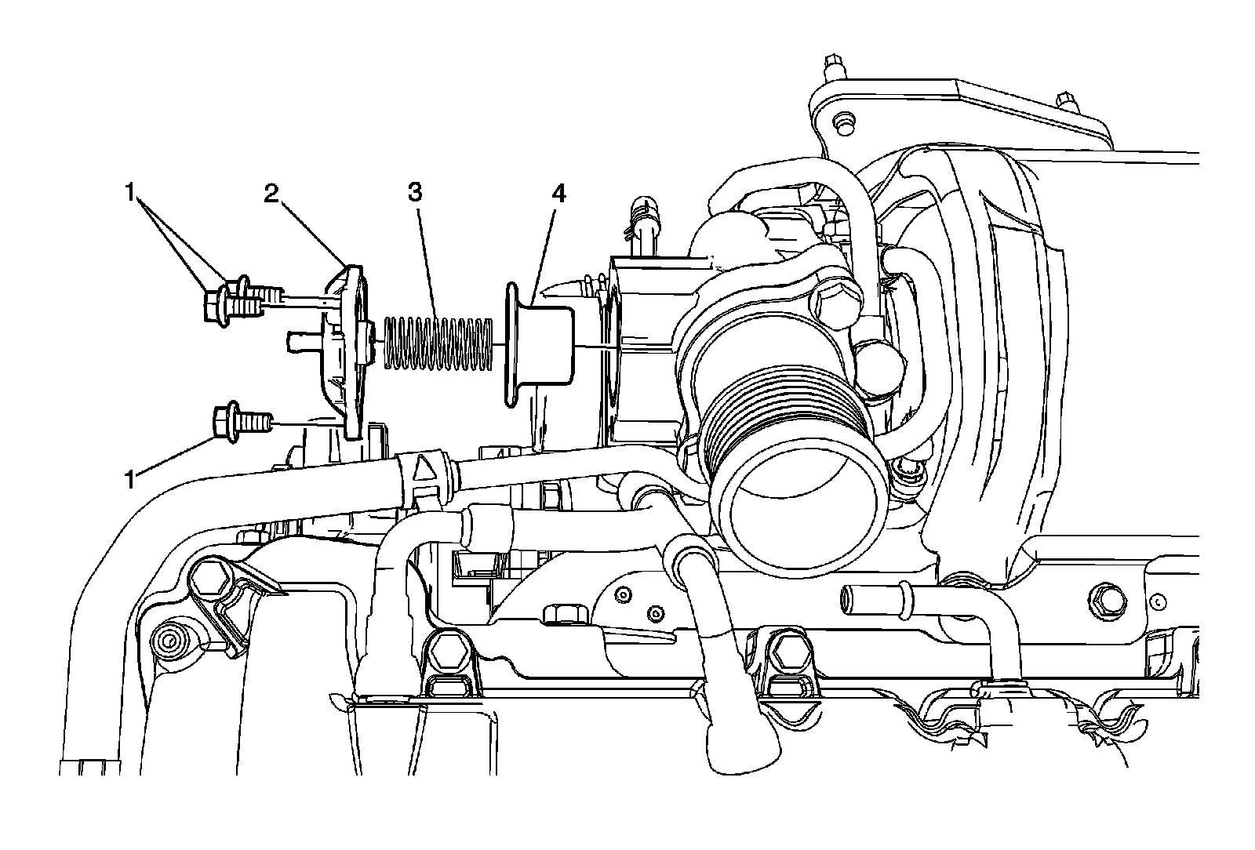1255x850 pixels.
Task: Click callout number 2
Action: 271,194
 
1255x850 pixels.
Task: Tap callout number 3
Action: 415,192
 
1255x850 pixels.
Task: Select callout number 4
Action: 558,194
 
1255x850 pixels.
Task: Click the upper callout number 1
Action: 130,192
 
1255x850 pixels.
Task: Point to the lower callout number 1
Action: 130,480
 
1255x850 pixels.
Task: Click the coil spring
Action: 438,343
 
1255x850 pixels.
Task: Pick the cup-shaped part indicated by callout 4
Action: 539,344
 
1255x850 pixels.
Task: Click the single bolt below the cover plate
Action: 242,421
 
